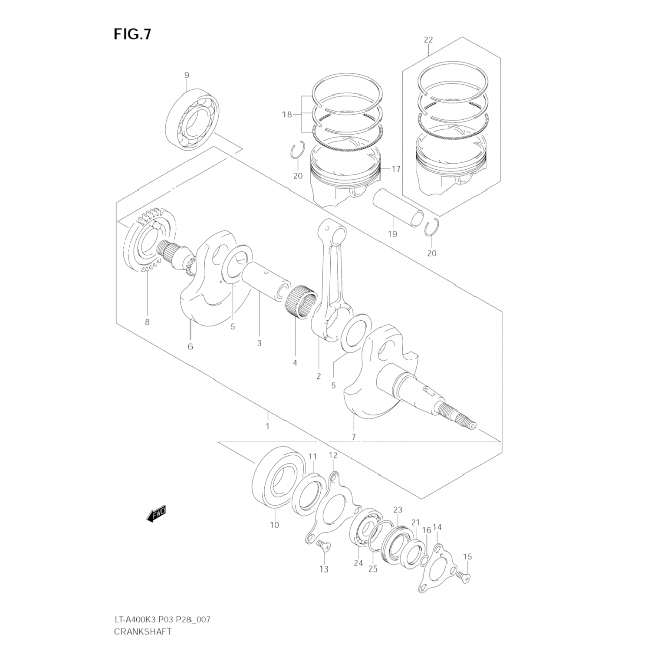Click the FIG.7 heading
pos(132,34)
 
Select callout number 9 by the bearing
pos(187,75)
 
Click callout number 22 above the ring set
pos(428,40)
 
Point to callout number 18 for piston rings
pos(286,115)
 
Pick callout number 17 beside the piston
pos(395,169)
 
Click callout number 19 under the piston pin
pos(392,234)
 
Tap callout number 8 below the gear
pos(147,322)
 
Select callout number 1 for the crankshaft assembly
pos(267,426)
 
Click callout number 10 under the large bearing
pos(274,525)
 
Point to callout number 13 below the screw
pos(324,569)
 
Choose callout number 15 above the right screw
pos(467,556)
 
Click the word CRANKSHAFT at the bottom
pos(143,631)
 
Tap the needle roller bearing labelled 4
pos(301,299)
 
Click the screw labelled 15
pos(464,576)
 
